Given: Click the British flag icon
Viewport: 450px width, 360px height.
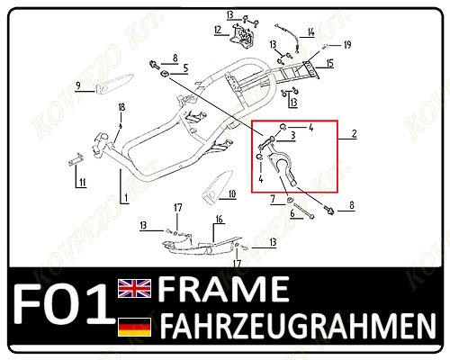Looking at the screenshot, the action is coord(134,288).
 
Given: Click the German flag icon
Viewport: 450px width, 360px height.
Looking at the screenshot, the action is coord(134,327).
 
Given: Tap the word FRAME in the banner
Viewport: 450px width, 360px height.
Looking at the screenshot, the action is coord(223,289).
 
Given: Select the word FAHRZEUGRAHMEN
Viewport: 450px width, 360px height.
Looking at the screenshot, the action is coord(298,326).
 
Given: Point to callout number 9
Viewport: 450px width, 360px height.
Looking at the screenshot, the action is coord(78,85).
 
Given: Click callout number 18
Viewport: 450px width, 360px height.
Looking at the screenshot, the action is coord(121,107).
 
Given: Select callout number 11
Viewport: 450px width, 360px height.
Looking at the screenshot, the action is coord(83,182).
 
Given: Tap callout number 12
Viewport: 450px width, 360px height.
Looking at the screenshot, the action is coord(218,30).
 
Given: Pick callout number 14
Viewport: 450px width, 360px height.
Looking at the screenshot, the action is coord(310,31).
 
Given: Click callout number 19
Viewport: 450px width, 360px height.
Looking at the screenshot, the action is coord(347,45).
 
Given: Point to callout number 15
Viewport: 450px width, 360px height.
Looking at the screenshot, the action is coord(330,63).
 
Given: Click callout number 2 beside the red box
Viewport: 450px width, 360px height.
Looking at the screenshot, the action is coord(355,134).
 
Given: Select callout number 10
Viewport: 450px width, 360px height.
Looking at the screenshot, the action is coord(232,194).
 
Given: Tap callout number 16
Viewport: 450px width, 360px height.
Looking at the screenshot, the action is coord(220,220).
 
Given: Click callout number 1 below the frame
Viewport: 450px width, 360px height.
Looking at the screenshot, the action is coord(126,198).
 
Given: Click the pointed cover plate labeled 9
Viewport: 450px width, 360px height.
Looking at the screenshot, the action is coord(114,85).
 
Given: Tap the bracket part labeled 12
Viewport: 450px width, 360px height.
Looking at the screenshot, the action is coord(242,35).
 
